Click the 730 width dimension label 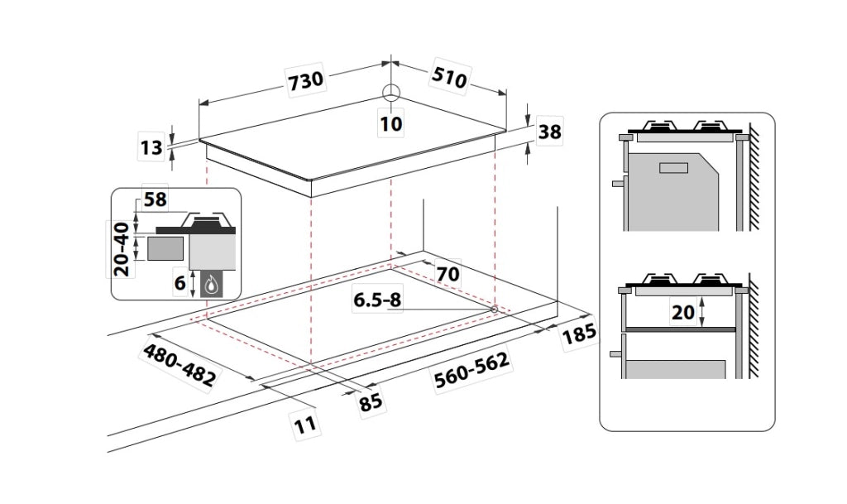pos(306,81)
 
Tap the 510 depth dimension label pos(449,79)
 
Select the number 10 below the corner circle pos(391,123)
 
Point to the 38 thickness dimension pos(549,132)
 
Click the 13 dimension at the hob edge pos(151,147)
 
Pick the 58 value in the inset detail pos(155,199)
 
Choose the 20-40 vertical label pos(122,249)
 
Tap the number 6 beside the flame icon pos(179,282)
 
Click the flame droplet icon pos(212,284)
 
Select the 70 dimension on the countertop pos(447,274)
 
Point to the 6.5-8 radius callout pos(377,300)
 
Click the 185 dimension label pos(579,334)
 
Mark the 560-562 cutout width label pos(472,370)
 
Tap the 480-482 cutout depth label pos(179,366)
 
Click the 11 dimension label pos(305,425)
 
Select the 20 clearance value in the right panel pos(682,312)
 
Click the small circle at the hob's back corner pos(390,93)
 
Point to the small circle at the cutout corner pos(494,309)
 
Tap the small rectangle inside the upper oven pos(673,167)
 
